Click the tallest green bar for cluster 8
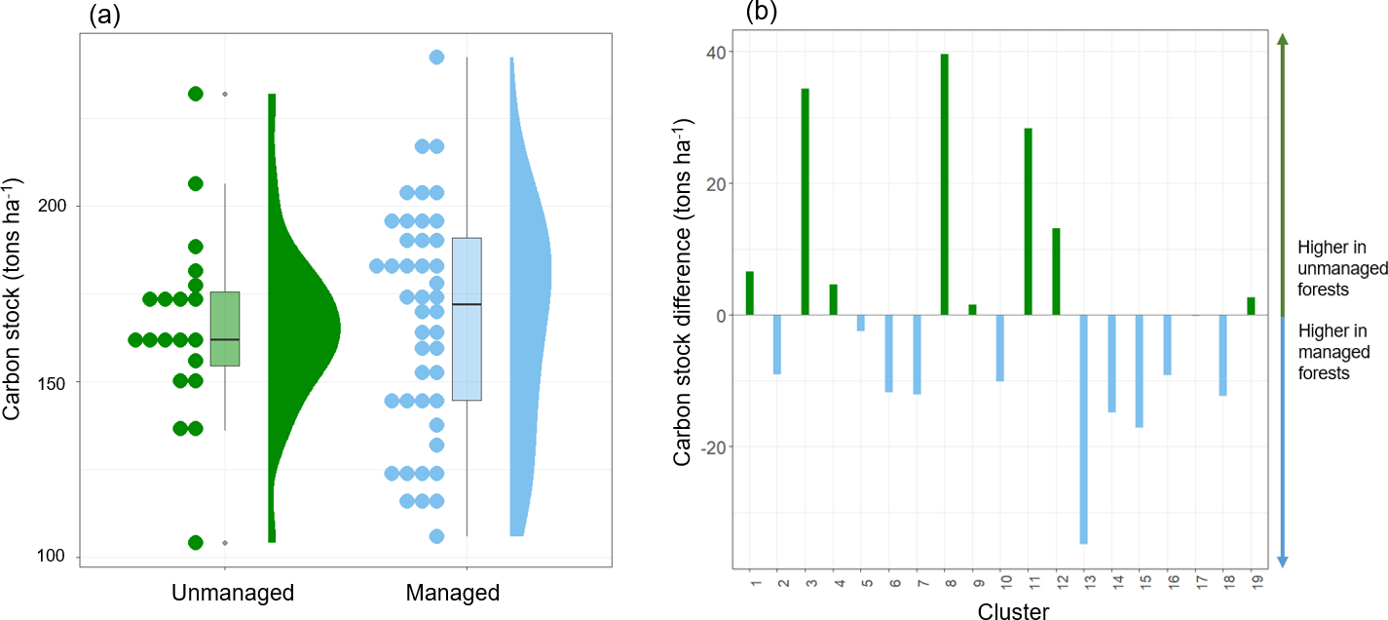click(x=944, y=185)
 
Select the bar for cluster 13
click(x=1083, y=429)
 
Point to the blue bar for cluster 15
click(x=1139, y=371)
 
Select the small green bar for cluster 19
click(x=1251, y=306)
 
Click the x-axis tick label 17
click(x=1195, y=585)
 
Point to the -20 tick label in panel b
click(x=720, y=447)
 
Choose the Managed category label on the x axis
click(x=452, y=593)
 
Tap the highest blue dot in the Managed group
click(x=436, y=58)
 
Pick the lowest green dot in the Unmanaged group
click(x=195, y=542)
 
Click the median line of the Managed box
click(x=467, y=304)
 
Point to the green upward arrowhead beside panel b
click(x=1283, y=39)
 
